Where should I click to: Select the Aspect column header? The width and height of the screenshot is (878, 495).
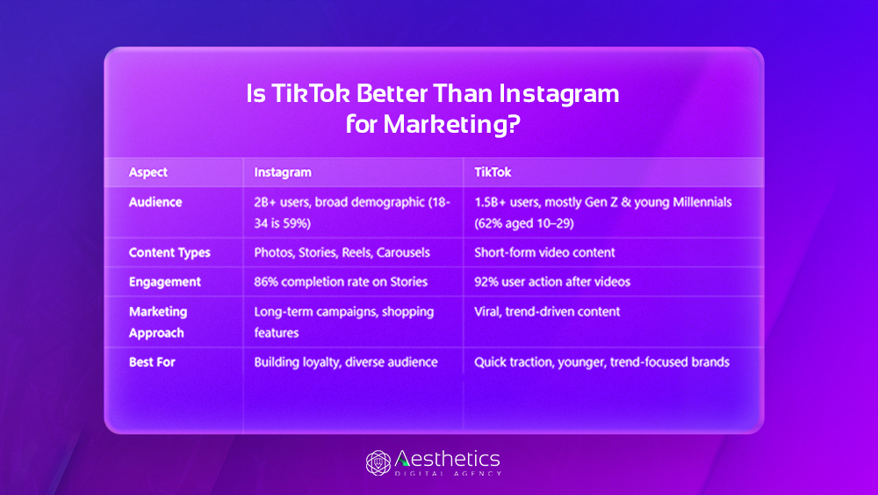148,172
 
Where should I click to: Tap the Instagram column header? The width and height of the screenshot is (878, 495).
283,172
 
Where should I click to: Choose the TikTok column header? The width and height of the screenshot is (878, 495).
493,172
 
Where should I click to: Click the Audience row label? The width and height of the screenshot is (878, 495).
155,202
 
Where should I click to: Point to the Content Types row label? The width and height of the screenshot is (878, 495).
169,252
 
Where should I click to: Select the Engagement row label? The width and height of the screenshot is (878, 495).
164,282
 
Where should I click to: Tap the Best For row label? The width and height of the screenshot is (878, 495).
152,362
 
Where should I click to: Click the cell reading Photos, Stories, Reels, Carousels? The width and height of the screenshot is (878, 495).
342,252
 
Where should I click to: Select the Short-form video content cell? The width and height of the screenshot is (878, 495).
544,252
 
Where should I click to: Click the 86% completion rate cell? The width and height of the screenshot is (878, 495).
341,282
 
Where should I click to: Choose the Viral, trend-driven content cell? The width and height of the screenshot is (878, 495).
547,311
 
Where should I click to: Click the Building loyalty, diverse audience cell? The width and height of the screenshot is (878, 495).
345,362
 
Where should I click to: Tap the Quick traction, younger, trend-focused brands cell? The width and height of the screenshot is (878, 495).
601,362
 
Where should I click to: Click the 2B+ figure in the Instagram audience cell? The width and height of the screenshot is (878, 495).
266,202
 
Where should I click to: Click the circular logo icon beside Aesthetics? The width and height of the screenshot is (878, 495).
378,462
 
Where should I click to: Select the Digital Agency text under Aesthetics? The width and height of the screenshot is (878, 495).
448,473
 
